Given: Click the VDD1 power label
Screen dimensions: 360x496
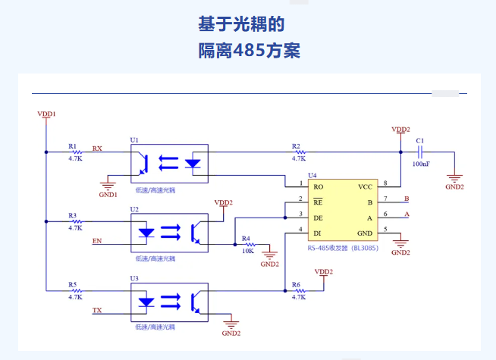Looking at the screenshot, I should [47, 114].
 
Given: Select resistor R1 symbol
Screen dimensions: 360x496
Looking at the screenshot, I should [76, 152].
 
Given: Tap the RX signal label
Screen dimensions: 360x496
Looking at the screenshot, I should [97, 148].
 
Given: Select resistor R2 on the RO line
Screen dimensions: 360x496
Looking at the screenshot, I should [298, 152].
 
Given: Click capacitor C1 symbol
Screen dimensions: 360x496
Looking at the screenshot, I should [420, 152].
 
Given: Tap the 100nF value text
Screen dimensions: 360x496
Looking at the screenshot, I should [422, 164].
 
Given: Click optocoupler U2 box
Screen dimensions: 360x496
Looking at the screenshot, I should [169, 231].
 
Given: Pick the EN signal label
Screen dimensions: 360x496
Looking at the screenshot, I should [96, 241].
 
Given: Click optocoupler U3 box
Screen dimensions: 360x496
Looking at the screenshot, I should [169, 300].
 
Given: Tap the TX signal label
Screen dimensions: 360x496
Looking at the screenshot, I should [96, 311].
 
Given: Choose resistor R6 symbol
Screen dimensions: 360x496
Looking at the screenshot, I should [298, 290].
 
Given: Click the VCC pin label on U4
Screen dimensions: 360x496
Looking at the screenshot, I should [365, 186].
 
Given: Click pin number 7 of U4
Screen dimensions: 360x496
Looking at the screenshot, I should [385, 199].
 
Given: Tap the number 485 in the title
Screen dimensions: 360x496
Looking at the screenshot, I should [248, 51].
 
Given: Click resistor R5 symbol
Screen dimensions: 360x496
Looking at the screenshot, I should [76, 290].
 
